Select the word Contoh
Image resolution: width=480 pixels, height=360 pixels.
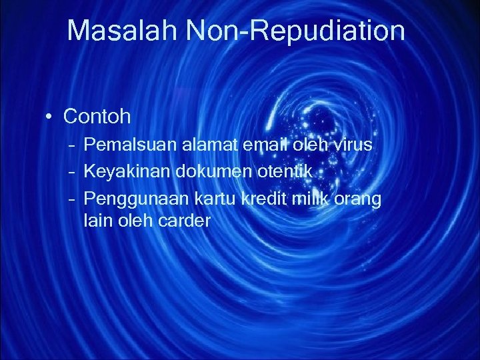click(97, 117)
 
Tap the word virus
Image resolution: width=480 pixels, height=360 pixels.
click(352, 145)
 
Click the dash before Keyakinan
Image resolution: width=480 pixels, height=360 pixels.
click(71, 171)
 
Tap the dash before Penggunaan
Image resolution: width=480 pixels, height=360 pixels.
click(71, 198)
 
